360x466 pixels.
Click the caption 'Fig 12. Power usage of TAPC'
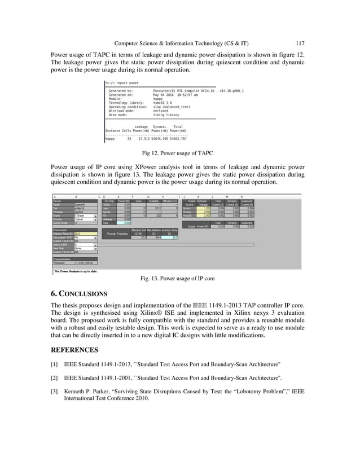click(x=180, y=153)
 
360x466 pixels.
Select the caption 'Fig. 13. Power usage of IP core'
click(x=180, y=278)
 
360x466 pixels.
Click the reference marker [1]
click(x=55, y=364)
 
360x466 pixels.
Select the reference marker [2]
click(x=55, y=376)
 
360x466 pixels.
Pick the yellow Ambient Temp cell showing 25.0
click(x=85, y=233)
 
